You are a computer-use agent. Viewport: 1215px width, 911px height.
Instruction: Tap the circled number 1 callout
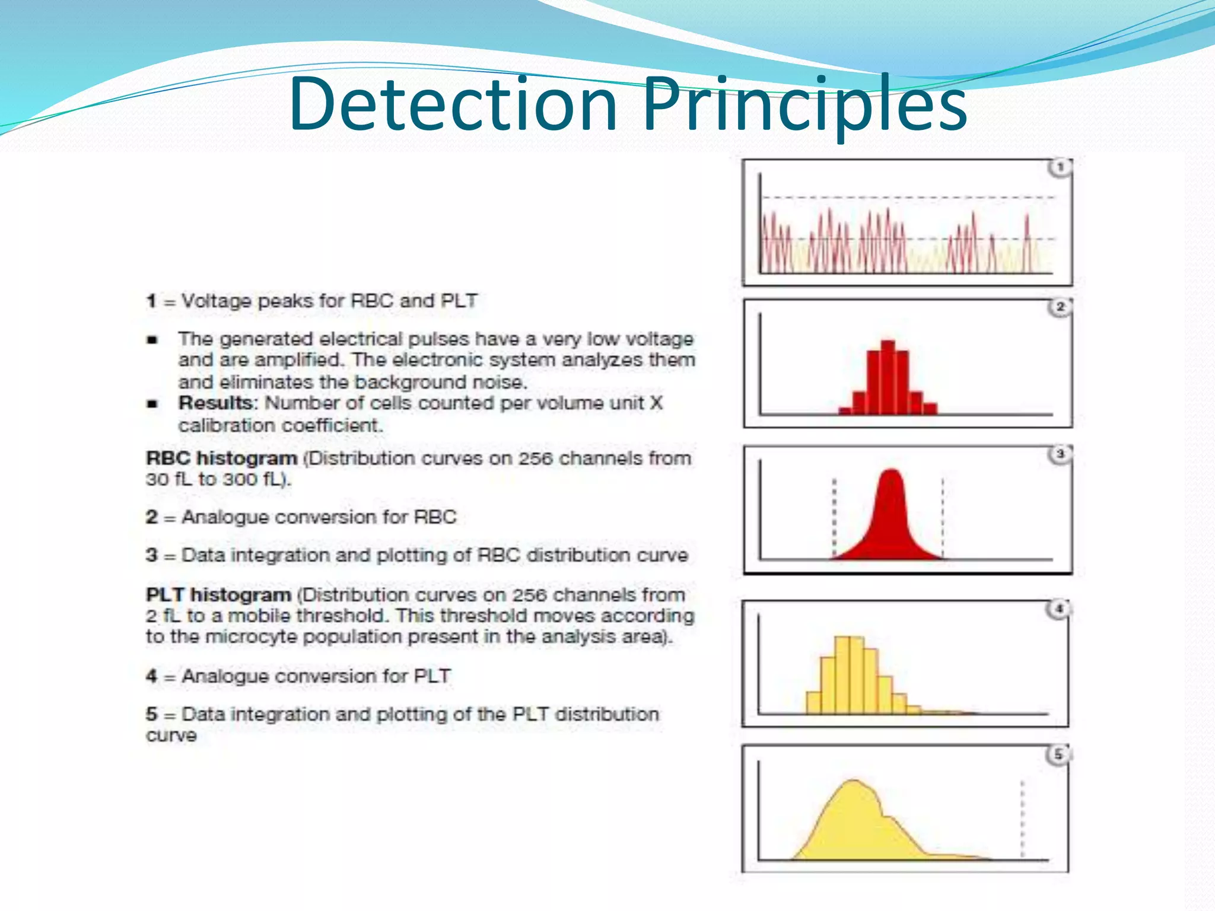click(1060, 168)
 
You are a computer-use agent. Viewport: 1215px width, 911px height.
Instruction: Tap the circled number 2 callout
click(1060, 307)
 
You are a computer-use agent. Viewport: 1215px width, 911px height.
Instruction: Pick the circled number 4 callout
click(1058, 609)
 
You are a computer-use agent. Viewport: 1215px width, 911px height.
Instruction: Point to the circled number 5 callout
click(1057, 755)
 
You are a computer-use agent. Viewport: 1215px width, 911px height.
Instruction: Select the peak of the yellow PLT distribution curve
click(853, 783)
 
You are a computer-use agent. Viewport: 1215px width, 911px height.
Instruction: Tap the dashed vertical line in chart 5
click(1022, 818)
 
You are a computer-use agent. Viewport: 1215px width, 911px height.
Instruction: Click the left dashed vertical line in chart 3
click(834, 516)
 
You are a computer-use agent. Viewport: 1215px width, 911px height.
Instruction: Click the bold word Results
click(216, 403)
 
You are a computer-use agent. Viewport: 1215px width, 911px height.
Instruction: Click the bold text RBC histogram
click(221, 458)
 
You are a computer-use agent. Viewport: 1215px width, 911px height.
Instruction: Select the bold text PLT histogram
click(218, 594)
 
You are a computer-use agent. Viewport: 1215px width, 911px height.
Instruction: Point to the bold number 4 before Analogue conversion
click(152, 676)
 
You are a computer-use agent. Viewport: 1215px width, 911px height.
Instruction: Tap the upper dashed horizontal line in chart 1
click(908, 197)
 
